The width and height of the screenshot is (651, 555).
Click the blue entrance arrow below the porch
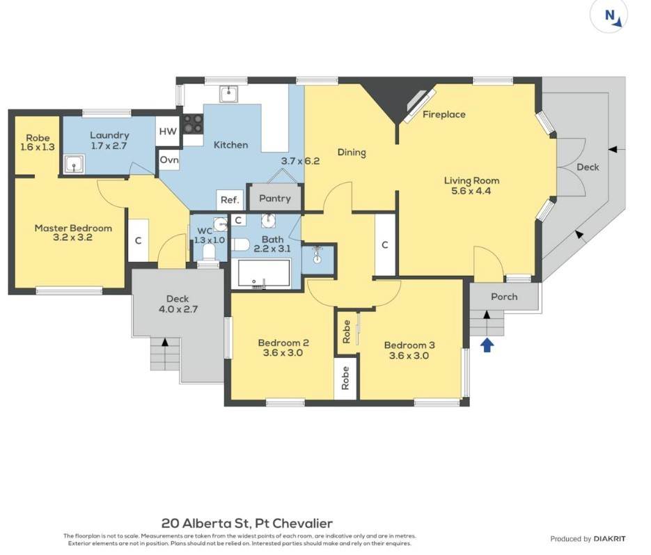(487, 345)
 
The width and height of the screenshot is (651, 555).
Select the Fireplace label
(444, 115)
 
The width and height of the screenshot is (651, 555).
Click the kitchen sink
(228, 94)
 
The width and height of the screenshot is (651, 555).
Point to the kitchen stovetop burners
(193, 124)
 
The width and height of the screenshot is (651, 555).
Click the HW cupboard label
(168, 132)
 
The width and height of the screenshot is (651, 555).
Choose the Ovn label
(169, 160)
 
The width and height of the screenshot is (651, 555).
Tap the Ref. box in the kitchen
(230, 200)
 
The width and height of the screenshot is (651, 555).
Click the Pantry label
(275, 198)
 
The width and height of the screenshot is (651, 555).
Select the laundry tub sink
(74, 164)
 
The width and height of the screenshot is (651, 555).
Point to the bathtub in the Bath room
(260, 273)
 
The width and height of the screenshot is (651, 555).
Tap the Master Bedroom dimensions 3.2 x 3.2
(72, 238)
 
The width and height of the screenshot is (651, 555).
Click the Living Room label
(471, 180)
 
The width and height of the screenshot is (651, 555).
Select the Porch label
(504, 297)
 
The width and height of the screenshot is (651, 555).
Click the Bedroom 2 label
(283, 343)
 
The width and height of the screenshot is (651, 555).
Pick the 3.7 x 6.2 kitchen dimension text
(300, 161)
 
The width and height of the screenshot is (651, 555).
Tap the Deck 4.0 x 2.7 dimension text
(178, 309)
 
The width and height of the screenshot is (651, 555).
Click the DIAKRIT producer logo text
(609, 539)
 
